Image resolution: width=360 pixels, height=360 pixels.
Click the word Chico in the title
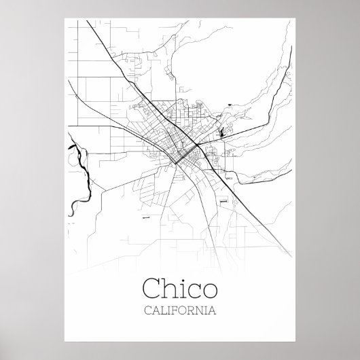pos(179,289)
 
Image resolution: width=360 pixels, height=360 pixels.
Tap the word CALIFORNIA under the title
pos(179,311)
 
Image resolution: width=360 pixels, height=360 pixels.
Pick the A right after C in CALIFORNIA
pos(155,311)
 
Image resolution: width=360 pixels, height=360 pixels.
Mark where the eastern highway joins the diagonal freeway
pos(196,145)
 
